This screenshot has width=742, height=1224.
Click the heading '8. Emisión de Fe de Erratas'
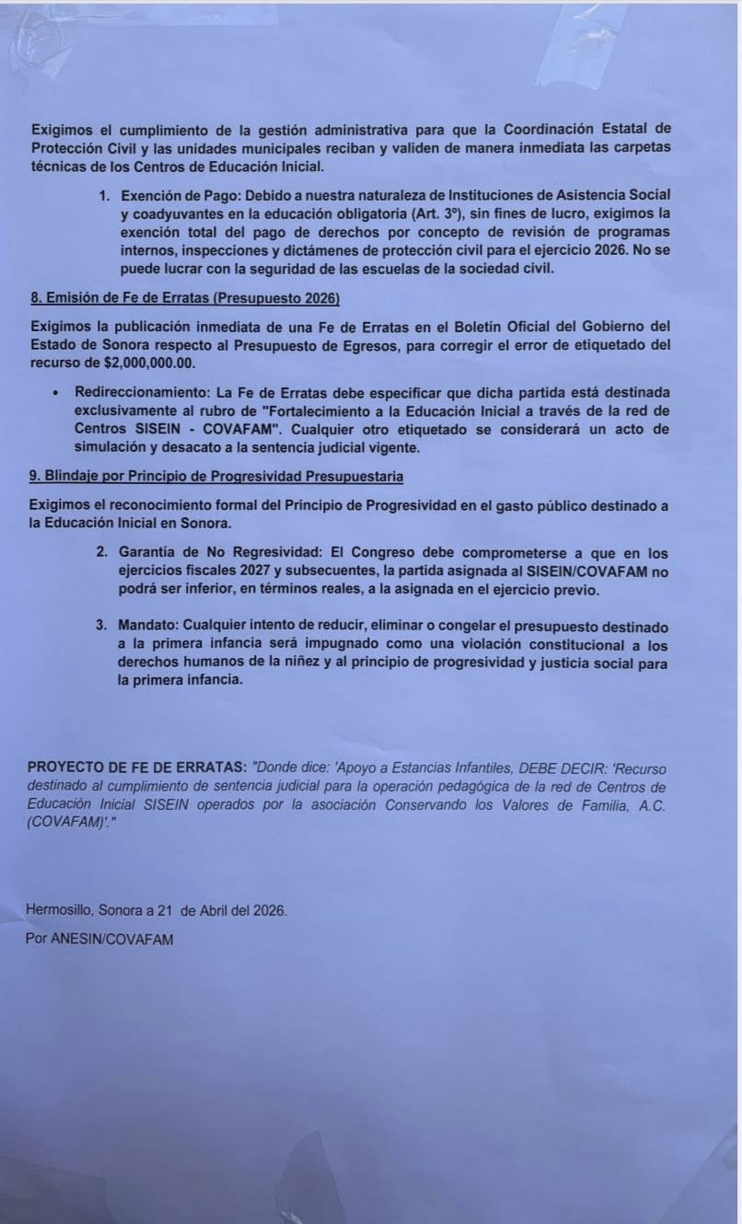coord(185,299)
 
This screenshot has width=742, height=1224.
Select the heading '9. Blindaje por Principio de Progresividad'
coord(215,476)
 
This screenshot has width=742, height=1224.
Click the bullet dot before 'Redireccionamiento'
coord(58,392)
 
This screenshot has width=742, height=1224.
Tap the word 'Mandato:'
coord(147,625)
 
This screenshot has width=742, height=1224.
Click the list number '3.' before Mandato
coord(101,625)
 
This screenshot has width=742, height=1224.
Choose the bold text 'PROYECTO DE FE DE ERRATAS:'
coord(137,768)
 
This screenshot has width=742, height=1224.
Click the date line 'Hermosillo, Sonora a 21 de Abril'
coord(157,909)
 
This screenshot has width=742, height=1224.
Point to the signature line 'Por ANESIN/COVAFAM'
coord(99,939)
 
